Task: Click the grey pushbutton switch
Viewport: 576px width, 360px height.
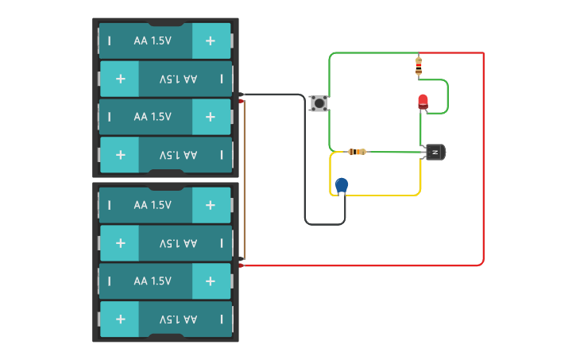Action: point(319,103)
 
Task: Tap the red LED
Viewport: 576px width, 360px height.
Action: point(423,102)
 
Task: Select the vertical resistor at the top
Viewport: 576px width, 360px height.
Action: point(419,66)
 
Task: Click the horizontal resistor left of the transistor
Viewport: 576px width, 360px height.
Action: point(358,152)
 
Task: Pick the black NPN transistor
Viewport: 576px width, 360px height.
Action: point(435,152)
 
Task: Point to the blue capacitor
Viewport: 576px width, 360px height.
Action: point(342,185)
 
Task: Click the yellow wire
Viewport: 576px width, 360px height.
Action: point(381,195)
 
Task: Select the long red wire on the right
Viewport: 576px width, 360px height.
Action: point(483,159)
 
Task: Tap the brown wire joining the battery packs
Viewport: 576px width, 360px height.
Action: point(245,179)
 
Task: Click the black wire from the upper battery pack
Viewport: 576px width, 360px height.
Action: point(305,159)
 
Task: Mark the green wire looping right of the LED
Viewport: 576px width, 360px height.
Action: point(447,95)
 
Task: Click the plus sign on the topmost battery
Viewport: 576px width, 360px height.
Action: point(210,41)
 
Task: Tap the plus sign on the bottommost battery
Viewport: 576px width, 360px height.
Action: point(121,319)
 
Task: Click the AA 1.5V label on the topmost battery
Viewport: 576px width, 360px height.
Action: point(153,41)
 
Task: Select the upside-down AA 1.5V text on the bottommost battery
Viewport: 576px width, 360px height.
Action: point(178,319)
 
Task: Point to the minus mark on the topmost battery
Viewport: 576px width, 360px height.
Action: point(109,41)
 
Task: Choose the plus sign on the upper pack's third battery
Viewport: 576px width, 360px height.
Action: point(210,117)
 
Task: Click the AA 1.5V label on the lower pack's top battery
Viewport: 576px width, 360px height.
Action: point(153,205)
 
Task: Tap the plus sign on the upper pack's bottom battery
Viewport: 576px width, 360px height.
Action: point(121,155)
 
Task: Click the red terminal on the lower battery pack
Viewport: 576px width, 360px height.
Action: point(241,265)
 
